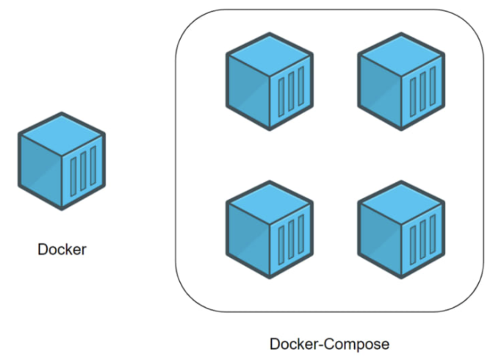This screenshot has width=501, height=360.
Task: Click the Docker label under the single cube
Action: [x=62, y=249]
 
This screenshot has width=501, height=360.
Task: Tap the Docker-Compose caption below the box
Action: [x=329, y=344]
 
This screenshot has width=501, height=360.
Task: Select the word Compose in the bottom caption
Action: [x=360, y=344]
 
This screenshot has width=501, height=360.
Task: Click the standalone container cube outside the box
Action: [x=62, y=161]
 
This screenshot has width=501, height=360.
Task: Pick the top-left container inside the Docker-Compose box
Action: [x=270, y=82]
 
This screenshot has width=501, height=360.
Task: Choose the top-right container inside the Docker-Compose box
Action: [x=401, y=82]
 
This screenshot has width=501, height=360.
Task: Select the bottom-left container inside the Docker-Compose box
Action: [x=270, y=229]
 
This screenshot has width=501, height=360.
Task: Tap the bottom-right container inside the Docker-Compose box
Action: [x=401, y=229]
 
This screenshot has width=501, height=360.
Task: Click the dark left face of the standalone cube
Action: [x=40, y=169]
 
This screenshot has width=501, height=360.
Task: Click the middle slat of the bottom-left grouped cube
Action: [x=291, y=240]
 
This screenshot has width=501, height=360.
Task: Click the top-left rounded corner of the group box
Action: [x=187, y=22]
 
